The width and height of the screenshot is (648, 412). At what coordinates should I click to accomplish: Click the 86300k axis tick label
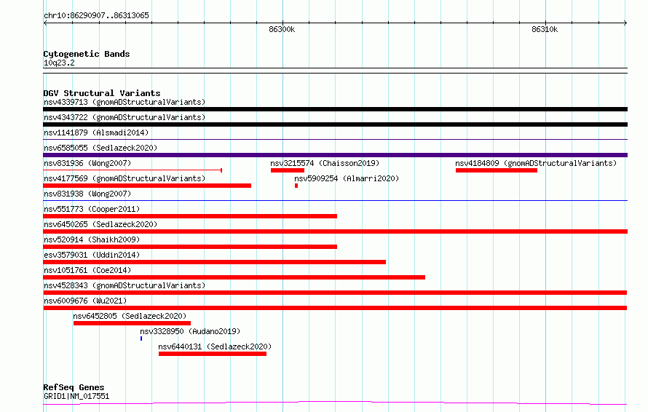(x=282, y=29)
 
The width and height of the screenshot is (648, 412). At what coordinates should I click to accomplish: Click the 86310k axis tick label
(x=545, y=29)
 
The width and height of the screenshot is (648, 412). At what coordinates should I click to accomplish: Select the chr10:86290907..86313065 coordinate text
(x=96, y=16)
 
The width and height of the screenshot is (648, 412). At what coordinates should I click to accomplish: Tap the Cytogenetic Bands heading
(x=87, y=54)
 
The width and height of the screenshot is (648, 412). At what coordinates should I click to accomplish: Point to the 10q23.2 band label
(x=59, y=63)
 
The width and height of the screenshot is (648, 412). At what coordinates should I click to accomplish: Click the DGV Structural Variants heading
(x=102, y=93)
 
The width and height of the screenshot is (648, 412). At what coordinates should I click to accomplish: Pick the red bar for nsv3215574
(x=288, y=170)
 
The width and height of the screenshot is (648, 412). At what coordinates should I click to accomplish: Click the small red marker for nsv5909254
(x=296, y=186)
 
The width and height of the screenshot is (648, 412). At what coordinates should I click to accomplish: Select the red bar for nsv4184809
(x=497, y=170)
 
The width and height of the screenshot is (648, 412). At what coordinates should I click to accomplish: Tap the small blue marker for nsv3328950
(x=141, y=338)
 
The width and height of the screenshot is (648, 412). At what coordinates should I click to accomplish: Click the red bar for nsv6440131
(x=213, y=354)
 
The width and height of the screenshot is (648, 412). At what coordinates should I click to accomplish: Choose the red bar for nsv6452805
(x=133, y=323)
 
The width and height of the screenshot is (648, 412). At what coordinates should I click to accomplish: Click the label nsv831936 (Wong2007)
(x=87, y=163)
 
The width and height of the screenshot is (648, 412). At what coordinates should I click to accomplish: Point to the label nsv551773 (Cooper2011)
(x=92, y=209)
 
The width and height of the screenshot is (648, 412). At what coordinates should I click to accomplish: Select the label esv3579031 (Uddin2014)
(x=92, y=255)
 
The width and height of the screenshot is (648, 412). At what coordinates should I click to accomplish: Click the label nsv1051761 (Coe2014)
(x=87, y=270)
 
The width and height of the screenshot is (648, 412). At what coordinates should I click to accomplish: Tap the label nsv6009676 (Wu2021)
(x=85, y=301)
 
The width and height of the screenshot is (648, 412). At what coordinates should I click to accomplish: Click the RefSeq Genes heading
(x=74, y=387)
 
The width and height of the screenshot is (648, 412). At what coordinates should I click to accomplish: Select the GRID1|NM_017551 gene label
(x=76, y=396)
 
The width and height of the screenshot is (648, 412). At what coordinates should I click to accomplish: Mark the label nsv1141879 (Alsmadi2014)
(x=96, y=132)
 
